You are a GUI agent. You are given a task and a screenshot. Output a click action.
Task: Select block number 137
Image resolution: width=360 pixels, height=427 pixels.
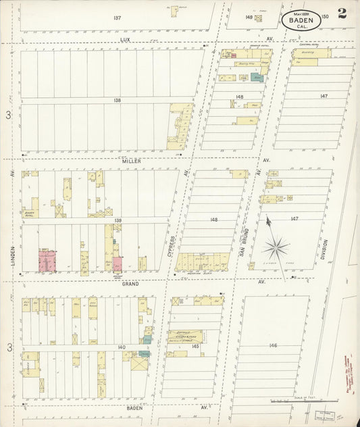(x=117, y=18)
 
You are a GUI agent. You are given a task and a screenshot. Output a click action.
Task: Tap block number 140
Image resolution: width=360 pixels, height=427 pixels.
(x=121, y=347)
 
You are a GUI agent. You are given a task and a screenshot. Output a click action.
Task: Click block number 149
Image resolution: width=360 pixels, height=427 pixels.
(x=249, y=17)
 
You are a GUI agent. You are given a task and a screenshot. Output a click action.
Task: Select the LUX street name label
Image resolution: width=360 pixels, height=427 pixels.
(x=124, y=40)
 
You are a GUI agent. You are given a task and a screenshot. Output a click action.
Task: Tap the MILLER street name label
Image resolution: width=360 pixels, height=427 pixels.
(x=129, y=161)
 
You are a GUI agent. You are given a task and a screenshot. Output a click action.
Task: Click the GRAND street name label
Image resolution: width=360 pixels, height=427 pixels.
(x=130, y=284)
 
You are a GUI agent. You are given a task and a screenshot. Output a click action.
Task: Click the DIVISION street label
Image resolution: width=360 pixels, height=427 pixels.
(x=324, y=251)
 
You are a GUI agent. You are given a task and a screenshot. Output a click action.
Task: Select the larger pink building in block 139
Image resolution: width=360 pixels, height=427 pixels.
(x=47, y=260)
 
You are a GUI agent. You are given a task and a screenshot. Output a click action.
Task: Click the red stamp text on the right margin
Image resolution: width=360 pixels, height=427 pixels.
(x=349, y=368)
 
